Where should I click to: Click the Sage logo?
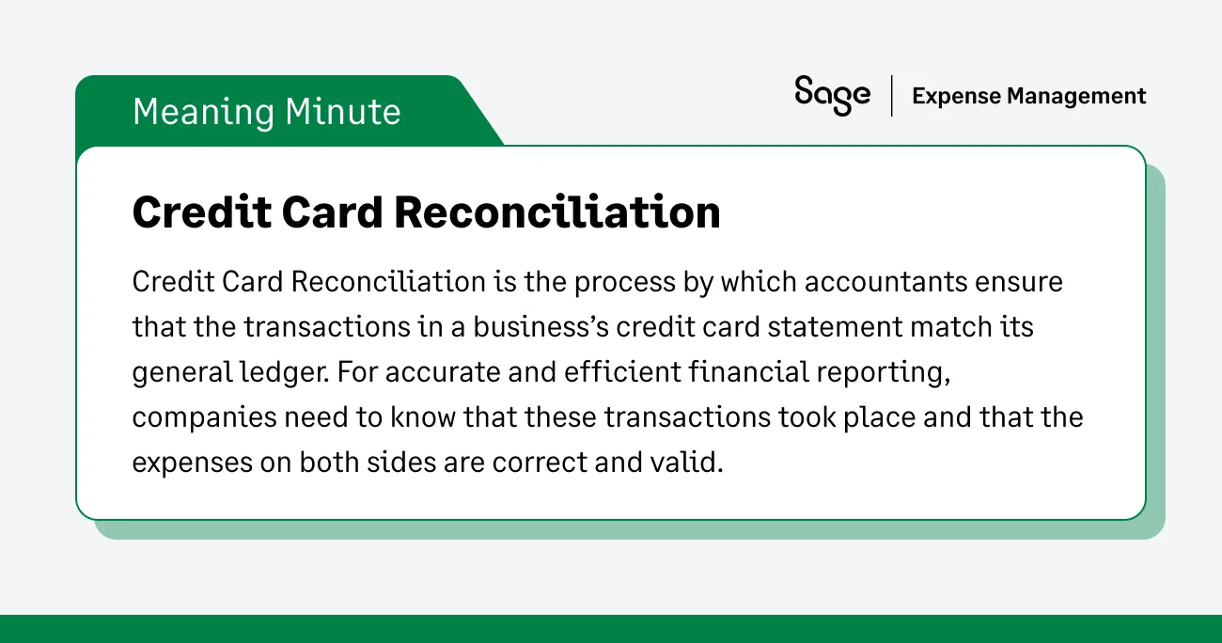(832, 96)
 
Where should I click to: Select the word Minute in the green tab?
(343, 112)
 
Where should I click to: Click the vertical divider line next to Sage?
(891, 96)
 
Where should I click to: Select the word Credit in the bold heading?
(195, 212)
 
